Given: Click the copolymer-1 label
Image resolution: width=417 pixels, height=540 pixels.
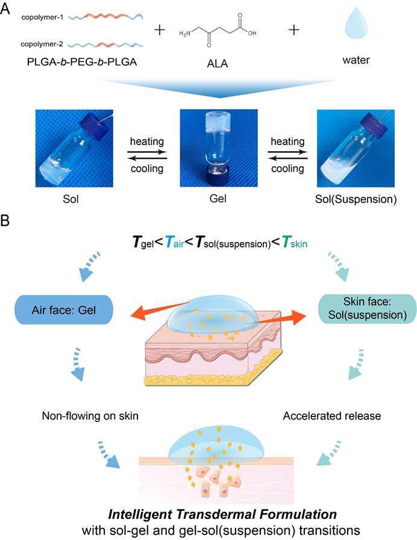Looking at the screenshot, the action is [42, 17].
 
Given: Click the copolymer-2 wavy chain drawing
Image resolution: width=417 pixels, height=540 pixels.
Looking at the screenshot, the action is [105, 45].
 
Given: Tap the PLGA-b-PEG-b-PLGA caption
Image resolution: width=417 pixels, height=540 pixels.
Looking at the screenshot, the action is [82, 62].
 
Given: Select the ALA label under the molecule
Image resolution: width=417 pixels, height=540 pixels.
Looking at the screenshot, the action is [218, 64].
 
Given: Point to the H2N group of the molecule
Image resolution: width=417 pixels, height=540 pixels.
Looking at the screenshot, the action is [184, 33].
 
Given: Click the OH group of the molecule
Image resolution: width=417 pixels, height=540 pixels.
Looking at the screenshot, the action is [252, 33].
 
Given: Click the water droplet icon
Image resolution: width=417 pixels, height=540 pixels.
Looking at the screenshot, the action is [356, 23].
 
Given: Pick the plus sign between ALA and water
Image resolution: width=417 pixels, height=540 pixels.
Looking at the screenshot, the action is [293, 30].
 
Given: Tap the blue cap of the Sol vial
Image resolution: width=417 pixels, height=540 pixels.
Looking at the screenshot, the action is [92, 126].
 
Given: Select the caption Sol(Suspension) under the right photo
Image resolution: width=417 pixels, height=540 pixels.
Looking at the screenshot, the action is [356, 199].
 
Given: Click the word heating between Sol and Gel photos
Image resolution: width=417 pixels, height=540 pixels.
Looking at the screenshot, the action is [147, 141].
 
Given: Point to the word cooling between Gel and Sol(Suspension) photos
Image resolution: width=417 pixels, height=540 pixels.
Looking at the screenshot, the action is [288, 169].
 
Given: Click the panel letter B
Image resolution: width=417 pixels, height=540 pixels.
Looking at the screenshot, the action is [5, 221].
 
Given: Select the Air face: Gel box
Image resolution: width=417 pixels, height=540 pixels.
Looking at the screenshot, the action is [64, 309].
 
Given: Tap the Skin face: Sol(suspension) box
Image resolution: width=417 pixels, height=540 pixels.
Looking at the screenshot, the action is [367, 309].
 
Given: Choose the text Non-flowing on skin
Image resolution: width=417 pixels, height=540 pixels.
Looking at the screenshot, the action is [90, 415].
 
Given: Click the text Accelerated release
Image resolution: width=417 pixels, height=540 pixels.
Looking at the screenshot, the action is [332, 415].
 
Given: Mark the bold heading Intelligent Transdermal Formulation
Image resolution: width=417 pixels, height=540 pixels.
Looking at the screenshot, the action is [222, 514].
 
